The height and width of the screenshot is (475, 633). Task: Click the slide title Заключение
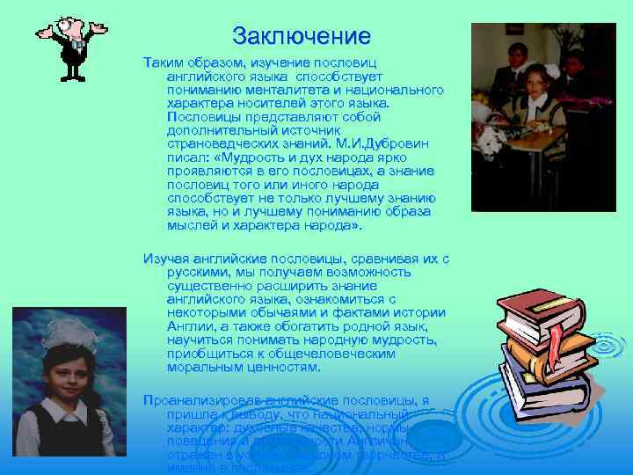[302, 36]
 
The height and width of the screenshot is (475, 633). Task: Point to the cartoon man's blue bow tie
[77, 41]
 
